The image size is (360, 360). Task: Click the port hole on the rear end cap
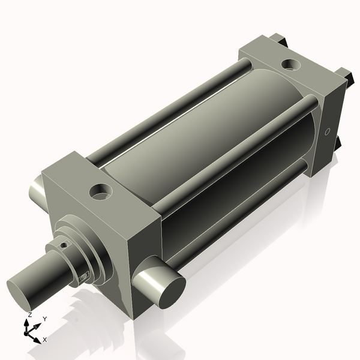point(292,63)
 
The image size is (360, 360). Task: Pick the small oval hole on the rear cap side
point(327,131)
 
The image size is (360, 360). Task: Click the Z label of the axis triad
point(30,315)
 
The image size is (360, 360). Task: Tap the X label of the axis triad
point(45,339)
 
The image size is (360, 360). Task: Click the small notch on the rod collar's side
point(83,275)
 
